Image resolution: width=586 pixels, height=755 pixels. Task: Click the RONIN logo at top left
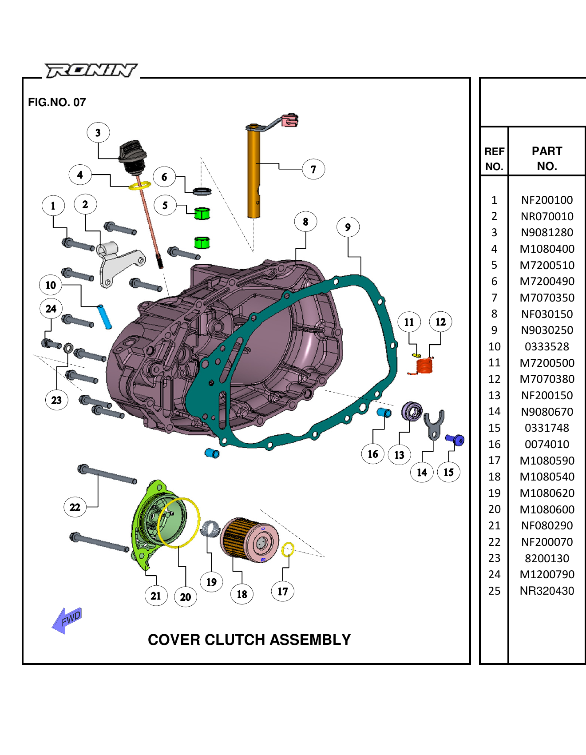coord(91,71)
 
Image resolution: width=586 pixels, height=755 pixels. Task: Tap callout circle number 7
coord(313,169)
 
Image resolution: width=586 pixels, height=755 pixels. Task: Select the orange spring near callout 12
coord(424,366)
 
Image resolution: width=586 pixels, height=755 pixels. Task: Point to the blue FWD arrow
coord(67,620)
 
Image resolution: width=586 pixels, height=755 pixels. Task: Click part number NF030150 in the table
coord(547,314)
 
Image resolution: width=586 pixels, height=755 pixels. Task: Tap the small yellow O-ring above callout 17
coord(288,550)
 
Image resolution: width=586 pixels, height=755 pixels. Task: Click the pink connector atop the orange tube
coord(289,120)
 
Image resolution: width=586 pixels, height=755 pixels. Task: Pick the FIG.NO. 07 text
coord(57,102)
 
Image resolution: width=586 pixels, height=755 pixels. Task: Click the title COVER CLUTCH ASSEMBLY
coord(249,640)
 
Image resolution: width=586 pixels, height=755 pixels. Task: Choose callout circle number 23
coord(56,400)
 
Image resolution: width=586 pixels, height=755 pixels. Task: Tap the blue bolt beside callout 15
coord(455,440)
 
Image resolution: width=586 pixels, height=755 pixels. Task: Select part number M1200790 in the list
coord(547,574)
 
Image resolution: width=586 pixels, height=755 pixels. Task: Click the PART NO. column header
coord(547,158)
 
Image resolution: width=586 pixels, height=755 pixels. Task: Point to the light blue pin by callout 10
coord(104,316)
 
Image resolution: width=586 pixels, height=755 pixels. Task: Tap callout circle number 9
coord(348,227)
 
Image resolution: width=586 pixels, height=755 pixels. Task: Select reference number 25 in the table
coord(494,591)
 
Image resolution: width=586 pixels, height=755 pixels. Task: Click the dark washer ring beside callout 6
coord(202,191)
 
